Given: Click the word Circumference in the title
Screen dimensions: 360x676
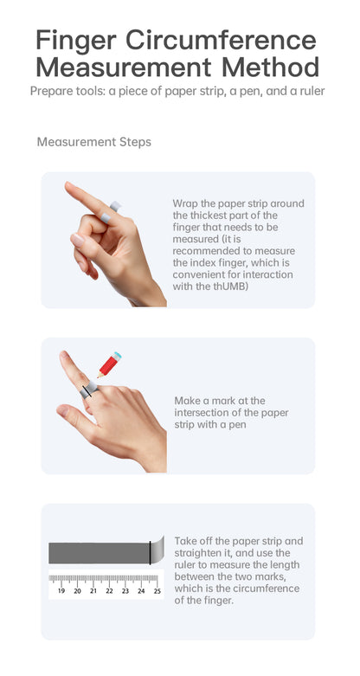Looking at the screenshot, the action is click(222, 40).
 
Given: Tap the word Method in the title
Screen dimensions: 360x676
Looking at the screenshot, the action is click(270, 68).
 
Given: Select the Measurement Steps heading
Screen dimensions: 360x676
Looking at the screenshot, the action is click(94, 142).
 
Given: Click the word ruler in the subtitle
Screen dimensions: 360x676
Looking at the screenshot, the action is click(312, 92).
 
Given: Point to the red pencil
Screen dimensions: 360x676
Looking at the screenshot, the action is click(109, 364).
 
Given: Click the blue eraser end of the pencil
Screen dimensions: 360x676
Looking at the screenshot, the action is click(117, 356).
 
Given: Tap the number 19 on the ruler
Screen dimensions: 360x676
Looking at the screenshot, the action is click(61, 591).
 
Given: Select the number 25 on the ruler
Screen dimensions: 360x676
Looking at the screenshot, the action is click(157, 591).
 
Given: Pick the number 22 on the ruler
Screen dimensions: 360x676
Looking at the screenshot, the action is click(110, 591).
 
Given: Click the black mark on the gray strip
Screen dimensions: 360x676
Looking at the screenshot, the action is click(150, 553).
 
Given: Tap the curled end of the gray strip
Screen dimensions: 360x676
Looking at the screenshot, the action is click(157, 550).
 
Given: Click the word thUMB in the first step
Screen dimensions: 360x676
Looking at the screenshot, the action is click(234, 286).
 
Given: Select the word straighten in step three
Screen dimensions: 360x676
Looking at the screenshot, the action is click(197, 553).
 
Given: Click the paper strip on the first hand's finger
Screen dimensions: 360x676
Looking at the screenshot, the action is click(111, 211).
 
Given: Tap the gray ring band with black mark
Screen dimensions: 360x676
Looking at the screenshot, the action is click(89, 390).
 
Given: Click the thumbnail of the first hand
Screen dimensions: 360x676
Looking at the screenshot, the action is click(78, 240).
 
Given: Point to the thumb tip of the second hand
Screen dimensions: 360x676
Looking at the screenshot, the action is click(62, 410).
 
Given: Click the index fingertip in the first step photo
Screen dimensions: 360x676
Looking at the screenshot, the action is click(67, 185).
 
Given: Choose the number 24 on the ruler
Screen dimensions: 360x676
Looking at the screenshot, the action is click(141, 591).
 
